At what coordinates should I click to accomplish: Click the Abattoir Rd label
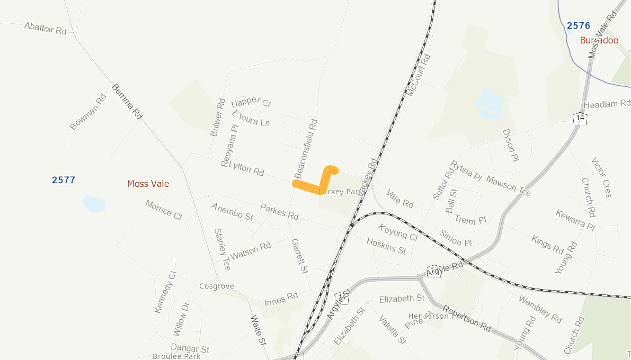(45, 28)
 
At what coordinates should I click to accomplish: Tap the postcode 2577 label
(64, 180)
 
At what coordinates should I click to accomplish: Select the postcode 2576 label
(578, 25)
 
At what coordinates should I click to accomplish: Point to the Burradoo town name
(599, 40)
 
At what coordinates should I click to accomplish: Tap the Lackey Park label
(339, 192)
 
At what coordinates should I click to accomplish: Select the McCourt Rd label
(419, 75)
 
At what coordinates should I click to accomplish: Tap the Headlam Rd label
(607, 104)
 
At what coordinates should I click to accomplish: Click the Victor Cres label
(601, 177)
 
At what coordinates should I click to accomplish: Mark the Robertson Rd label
(467, 318)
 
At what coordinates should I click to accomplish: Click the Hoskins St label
(386, 246)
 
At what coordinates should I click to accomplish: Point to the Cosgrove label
(216, 286)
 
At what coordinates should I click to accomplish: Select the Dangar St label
(190, 349)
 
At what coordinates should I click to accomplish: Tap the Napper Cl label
(251, 102)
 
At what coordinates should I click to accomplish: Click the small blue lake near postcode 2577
(94, 204)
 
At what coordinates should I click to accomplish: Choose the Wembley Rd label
(540, 310)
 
